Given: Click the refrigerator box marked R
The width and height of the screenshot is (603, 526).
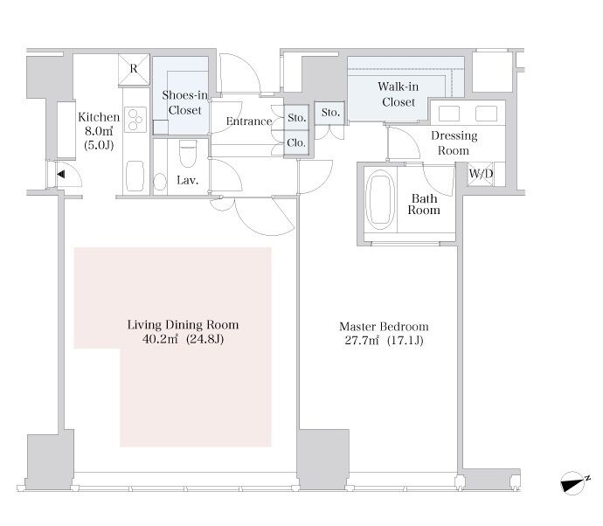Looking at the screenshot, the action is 134,69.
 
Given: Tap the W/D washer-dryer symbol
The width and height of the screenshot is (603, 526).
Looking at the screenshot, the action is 481,174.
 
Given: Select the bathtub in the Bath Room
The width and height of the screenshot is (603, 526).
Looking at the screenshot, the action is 380,200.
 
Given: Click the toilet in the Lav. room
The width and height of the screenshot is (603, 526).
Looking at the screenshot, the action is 188,153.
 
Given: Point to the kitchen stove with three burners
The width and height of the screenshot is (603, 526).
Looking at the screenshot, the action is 135,120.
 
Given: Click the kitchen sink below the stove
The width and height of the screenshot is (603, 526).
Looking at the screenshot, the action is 135,176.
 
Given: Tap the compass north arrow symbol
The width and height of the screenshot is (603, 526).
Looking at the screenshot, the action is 574,483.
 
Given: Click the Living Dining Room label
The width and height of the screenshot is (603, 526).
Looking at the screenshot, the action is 183,325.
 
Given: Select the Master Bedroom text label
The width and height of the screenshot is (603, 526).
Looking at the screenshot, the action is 384,327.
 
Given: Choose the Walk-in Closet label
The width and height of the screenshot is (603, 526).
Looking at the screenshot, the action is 399,94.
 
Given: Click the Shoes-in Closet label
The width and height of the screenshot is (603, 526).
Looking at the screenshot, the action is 185,102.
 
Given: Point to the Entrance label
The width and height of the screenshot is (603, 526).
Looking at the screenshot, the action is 249,121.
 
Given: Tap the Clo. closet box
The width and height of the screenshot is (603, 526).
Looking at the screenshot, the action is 296,142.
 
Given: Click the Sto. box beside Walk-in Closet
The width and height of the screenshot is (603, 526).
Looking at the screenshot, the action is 330,113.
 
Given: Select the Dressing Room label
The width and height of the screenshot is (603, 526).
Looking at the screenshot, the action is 454,142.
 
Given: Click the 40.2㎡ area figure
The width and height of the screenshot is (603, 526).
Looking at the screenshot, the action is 160,339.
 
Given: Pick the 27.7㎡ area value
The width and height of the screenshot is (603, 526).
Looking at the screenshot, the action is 362,341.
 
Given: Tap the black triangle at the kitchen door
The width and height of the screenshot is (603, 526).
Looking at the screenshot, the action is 61,174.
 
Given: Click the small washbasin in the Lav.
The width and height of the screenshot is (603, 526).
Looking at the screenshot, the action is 160,182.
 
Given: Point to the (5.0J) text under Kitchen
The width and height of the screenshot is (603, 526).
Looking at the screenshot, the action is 99,145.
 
